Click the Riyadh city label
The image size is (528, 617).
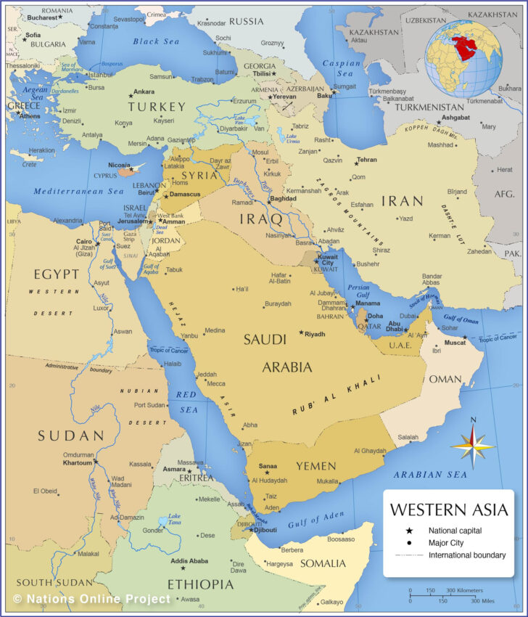[x=315, y=334]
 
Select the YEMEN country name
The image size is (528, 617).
[x=315, y=466]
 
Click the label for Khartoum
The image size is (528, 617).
[x=78, y=462]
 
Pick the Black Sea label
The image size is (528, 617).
[x=155, y=41]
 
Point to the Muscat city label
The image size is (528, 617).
[x=455, y=342]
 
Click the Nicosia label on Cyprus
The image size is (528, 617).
[x=120, y=165]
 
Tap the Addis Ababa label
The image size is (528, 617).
[x=189, y=561]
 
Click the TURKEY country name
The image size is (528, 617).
[x=157, y=107]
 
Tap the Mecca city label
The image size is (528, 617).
[x=216, y=383]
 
